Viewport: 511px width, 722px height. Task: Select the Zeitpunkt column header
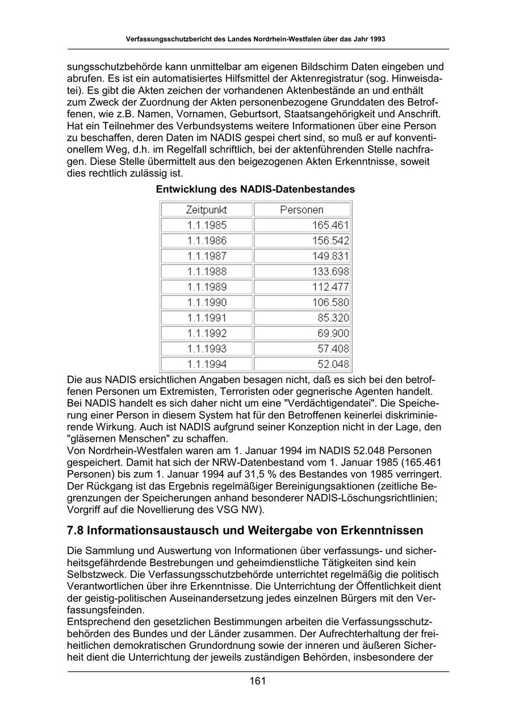coord(206,210)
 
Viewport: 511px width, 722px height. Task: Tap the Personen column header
coord(301,210)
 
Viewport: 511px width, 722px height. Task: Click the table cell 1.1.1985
coord(207,225)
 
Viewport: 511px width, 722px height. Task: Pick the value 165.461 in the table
coord(330,225)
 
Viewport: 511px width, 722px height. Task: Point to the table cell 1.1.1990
coord(207,302)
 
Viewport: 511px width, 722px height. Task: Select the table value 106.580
coord(330,302)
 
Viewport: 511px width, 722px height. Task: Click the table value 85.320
coord(333,318)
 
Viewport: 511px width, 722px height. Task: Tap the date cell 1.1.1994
coord(207,364)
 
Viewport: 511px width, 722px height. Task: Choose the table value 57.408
coord(333,348)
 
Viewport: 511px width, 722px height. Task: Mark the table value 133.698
coord(330,272)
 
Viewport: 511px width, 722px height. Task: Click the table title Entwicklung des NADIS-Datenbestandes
coord(256,189)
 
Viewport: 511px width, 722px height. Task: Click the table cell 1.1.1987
coord(207,256)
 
